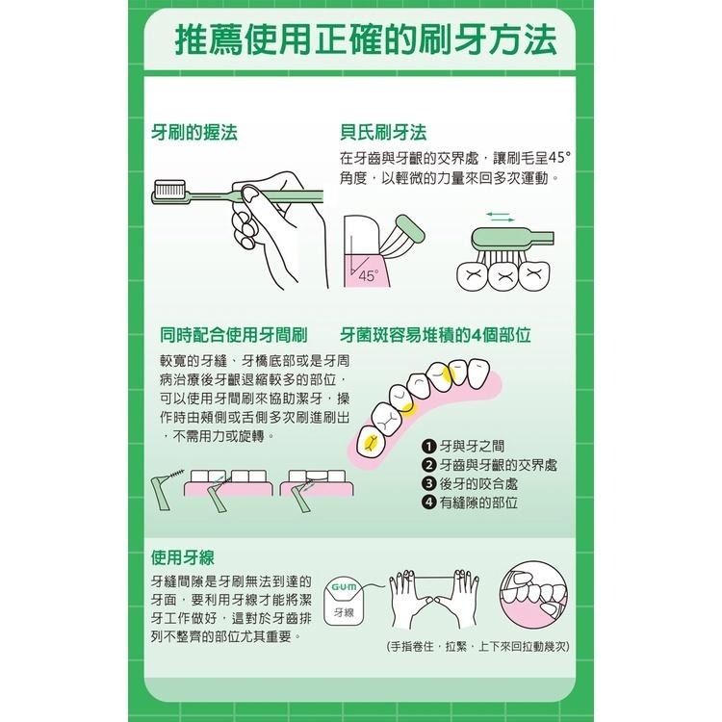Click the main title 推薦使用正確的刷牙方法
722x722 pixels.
(365, 41)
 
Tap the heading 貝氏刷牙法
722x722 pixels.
(383, 133)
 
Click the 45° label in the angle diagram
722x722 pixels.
(369, 275)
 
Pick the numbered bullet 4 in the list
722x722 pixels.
(429, 503)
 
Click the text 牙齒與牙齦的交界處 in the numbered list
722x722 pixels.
(498, 465)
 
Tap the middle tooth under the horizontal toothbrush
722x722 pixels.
(501, 273)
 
